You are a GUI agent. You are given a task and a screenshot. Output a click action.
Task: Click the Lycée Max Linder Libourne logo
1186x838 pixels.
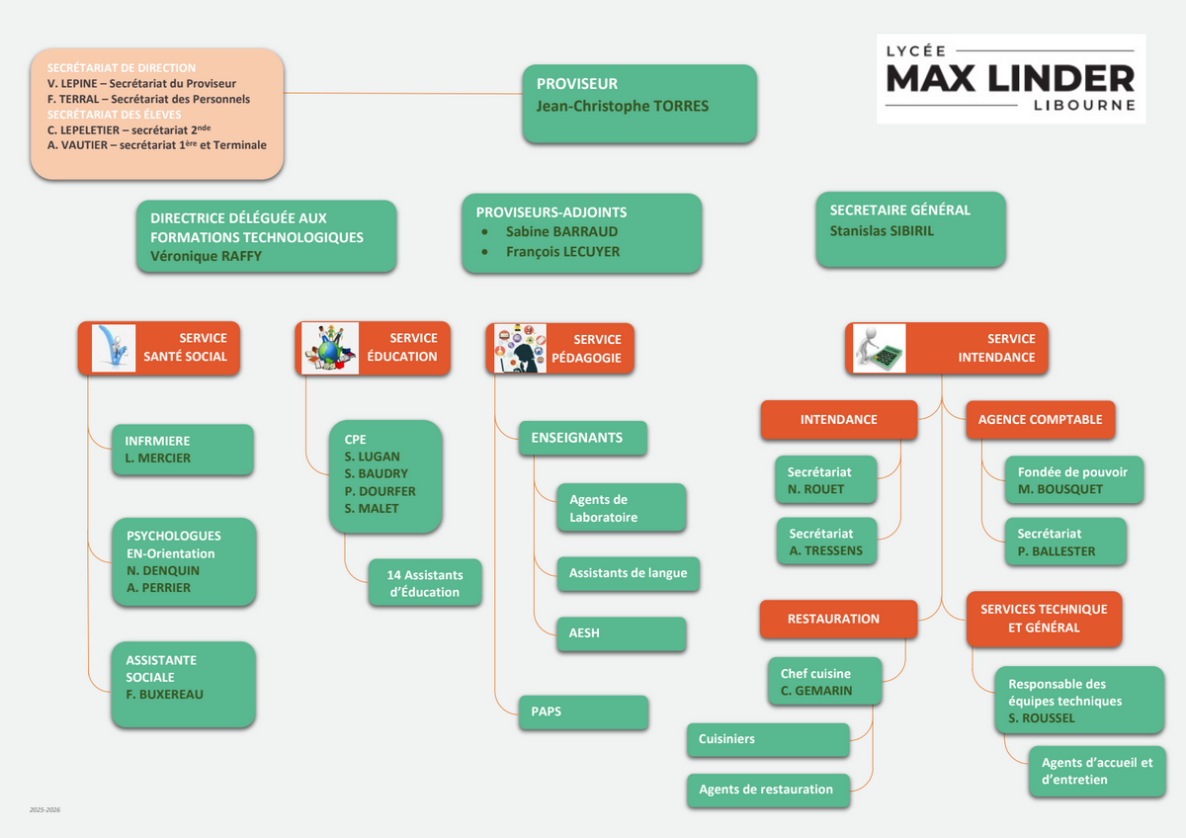(1010, 78)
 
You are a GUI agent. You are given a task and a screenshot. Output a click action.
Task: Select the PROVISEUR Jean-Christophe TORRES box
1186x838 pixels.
(639, 103)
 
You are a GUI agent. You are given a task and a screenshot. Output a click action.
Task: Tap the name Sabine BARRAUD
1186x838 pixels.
(561, 231)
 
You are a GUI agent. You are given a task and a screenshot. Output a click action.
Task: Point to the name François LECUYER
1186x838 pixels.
(562, 252)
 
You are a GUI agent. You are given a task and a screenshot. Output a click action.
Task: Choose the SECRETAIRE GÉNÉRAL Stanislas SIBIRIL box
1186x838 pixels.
(910, 229)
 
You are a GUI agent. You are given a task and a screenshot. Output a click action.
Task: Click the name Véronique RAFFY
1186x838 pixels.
(206, 256)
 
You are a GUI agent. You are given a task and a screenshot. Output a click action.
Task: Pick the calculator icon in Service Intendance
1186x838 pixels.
(880, 348)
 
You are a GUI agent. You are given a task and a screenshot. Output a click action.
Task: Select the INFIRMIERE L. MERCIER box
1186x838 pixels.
(183, 450)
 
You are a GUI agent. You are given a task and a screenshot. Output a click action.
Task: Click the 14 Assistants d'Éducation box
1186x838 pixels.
(425, 583)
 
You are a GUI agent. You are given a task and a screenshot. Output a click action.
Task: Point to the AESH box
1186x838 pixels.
(621, 633)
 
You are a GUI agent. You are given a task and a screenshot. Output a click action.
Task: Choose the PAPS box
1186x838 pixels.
(583, 712)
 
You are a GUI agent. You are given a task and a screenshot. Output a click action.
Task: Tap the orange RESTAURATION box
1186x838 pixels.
(833, 619)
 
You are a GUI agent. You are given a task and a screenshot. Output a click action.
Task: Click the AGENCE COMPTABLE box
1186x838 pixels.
(1040, 420)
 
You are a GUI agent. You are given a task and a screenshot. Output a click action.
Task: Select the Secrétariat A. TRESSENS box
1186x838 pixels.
(826, 542)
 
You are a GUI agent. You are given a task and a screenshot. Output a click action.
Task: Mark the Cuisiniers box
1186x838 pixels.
(767, 739)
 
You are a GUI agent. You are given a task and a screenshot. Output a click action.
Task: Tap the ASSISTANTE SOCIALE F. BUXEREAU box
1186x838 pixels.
(184, 685)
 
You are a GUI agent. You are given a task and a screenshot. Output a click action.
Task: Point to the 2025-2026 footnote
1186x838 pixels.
(44, 810)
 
